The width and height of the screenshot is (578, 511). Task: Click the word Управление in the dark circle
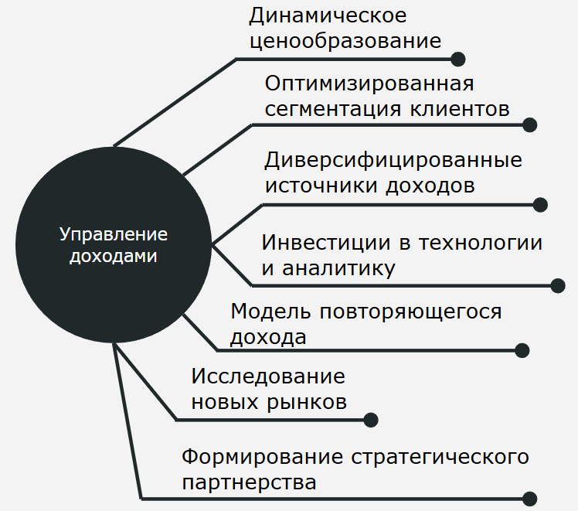coord(114,234)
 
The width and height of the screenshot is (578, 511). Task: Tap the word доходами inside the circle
coord(114,255)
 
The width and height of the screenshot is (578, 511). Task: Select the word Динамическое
coord(328,15)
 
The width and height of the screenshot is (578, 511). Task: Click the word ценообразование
coord(345,41)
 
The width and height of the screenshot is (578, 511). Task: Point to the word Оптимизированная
coord(369,83)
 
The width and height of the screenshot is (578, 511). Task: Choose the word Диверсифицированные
coord(393,160)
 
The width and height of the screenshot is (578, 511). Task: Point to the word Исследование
coord(268,376)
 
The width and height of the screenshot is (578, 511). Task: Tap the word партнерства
coord(249,482)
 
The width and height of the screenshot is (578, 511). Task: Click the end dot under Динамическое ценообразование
coord(457,59)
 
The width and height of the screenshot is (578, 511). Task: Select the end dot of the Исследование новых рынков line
coord(371,420)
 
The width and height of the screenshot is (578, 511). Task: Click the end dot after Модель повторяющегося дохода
coord(522,350)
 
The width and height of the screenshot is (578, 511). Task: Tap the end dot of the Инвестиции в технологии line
coord(558,285)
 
